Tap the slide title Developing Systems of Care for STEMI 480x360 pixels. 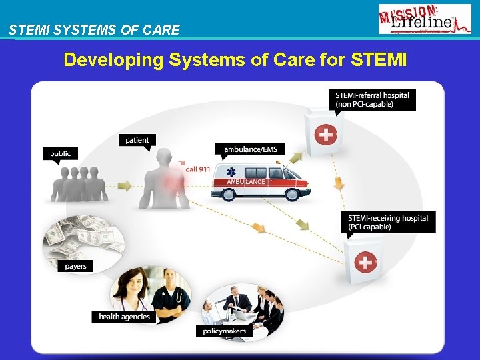point(235,60)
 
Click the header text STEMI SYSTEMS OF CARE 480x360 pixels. point(94,29)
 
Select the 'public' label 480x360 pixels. point(60,153)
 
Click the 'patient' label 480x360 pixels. point(137,140)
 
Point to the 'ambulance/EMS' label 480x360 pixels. point(250,149)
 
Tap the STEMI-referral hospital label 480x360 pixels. point(373,99)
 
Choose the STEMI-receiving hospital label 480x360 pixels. point(389,222)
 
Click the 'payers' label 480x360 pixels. point(76,266)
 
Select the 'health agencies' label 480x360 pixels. point(124,317)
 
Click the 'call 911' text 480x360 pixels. point(198,169)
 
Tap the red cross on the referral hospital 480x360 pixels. point(325,135)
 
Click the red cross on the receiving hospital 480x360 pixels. point(365,262)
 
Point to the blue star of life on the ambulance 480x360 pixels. point(231,172)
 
